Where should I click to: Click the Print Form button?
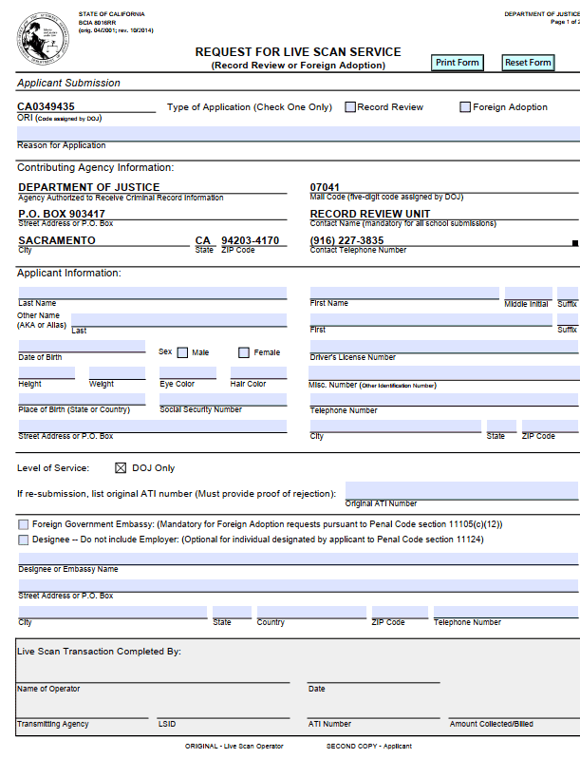(458, 63)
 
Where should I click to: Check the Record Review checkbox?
(350, 107)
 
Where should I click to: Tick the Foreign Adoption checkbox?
(465, 107)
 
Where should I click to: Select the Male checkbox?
(183, 352)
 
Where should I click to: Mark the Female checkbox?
(244, 352)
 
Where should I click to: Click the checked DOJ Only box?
(121, 467)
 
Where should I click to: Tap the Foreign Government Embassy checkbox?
(23, 524)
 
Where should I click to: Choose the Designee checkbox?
(23, 540)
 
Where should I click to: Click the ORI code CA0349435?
(47, 107)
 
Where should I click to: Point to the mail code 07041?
(325, 187)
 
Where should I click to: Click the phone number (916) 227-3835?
(346, 240)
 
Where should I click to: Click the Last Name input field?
(152, 293)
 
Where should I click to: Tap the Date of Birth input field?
(82, 346)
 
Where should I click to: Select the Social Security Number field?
(223, 399)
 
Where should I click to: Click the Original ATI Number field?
(461, 491)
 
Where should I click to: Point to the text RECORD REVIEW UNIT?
(370, 214)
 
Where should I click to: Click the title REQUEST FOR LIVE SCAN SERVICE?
(298, 52)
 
